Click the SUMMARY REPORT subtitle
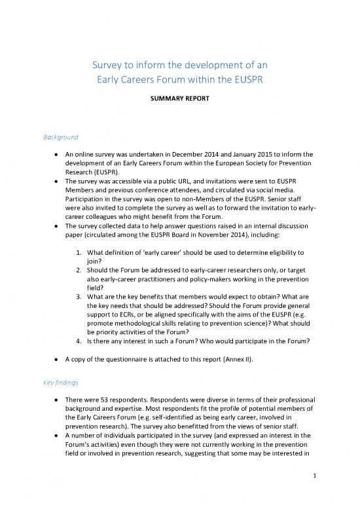(x=180, y=104)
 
